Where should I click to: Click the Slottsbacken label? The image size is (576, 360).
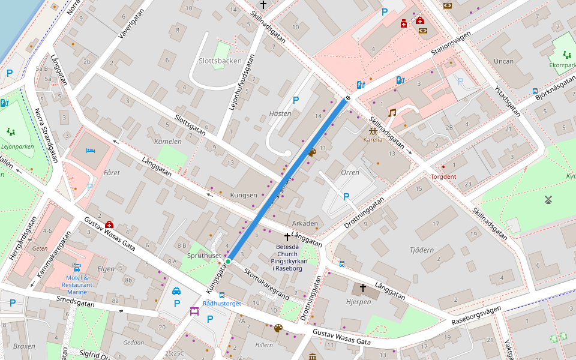220,61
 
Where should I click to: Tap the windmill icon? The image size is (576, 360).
547,199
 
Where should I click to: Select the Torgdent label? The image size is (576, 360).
443,176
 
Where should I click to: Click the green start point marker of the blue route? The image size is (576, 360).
228,261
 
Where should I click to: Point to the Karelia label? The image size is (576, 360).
373,139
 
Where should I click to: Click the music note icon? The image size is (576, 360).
392,112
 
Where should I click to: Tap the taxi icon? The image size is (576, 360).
176,291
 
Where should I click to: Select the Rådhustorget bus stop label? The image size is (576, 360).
222,304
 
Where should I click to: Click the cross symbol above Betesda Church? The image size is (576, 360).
287,236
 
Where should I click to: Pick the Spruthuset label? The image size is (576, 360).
204,255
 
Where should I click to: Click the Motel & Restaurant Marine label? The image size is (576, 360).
77,284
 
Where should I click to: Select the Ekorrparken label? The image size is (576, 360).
562,65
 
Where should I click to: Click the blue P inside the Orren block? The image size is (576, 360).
346,196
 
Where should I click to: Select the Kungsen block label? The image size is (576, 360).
244,195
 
